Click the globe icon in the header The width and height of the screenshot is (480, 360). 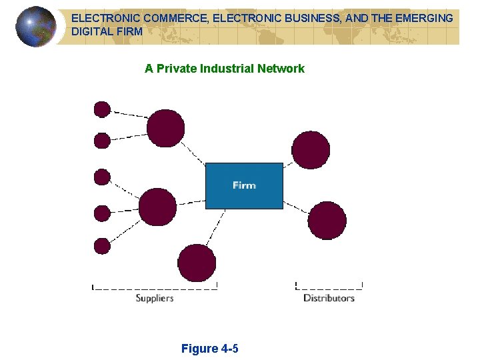36,27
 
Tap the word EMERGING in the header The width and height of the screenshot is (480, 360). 423,19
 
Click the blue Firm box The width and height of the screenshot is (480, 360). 244,185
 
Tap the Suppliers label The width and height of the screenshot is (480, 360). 155,298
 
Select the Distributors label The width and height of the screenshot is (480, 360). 329,298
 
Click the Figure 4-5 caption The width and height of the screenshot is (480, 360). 210,349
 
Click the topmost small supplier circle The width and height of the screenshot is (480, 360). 102,108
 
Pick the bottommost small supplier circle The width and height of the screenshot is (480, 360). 102,246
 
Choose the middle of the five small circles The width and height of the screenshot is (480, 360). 102,177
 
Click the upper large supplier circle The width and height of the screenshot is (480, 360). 165,128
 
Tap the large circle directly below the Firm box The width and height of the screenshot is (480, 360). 197,263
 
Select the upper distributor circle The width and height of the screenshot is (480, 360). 311,150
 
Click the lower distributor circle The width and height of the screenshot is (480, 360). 327,221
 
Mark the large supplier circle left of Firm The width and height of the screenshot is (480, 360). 158,207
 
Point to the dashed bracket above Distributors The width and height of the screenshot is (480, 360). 329,287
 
